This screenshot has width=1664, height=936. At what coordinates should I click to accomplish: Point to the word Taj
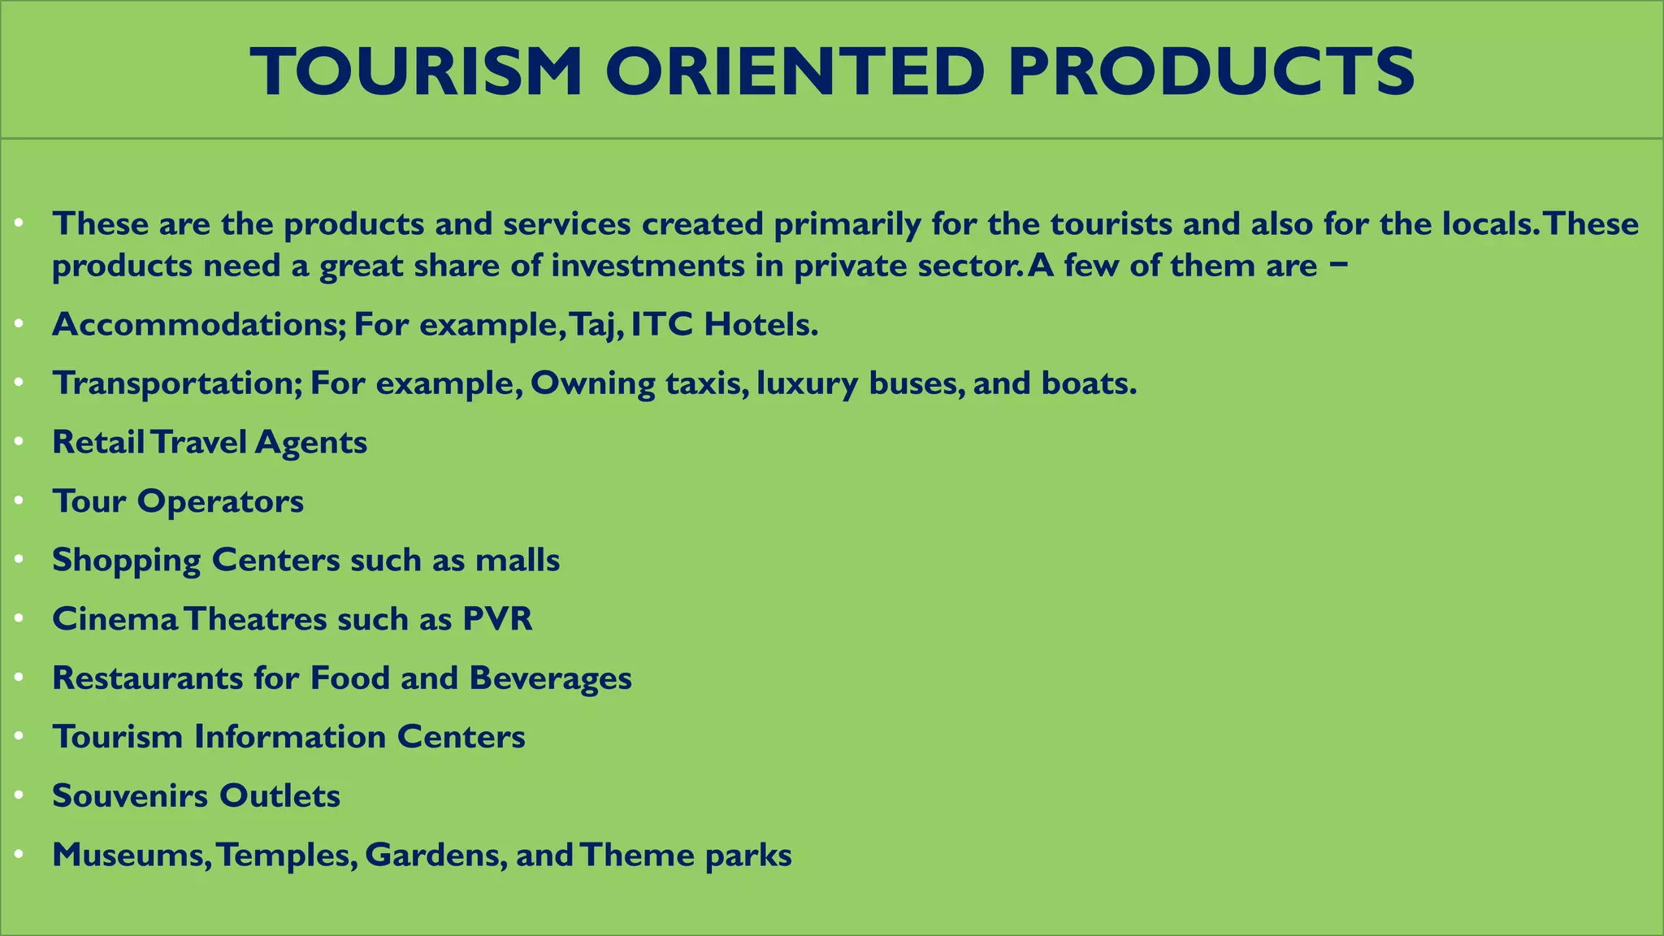[596, 326]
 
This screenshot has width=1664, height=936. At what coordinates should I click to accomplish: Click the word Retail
[98, 442]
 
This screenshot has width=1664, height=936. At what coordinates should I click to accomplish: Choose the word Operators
[220, 502]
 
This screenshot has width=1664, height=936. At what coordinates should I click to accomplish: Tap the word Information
[290, 737]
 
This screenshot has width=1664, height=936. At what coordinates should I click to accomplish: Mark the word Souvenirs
[130, 796]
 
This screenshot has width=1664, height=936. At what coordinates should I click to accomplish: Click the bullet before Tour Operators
[19, 501]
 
